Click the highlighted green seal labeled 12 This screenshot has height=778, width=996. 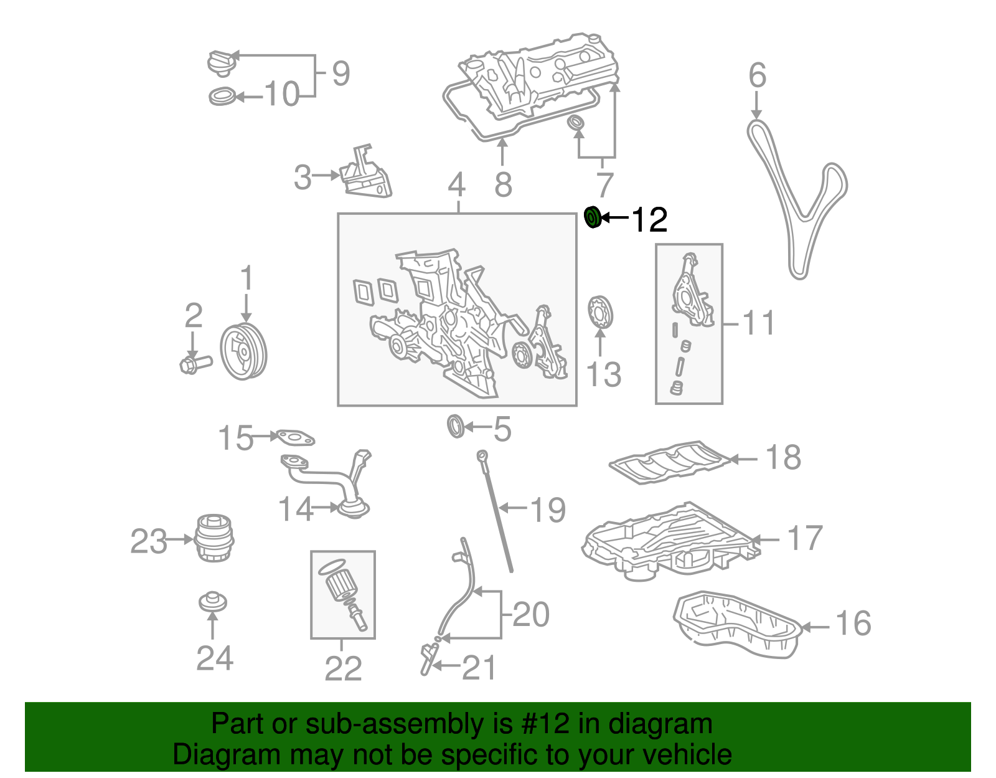[x=593, y=217]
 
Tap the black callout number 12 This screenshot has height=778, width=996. [x=649, y=219]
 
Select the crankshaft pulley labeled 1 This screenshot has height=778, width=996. [x=243, y=351]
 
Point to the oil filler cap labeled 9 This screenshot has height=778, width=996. [x=222, y=63]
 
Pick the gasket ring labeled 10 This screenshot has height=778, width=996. [x=222, y=97]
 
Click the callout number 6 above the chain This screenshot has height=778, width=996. [x=757, y=75]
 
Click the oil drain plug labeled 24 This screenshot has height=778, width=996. [x=213, y=602]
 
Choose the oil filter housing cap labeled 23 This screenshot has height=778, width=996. [x=214, y=538]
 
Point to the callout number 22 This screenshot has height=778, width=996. [x=343, y=668]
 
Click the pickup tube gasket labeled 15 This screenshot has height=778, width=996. [x=295, y=438]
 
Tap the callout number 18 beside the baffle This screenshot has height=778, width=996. [x=783, y=458]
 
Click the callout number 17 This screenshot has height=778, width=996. [x=804, y=538]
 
